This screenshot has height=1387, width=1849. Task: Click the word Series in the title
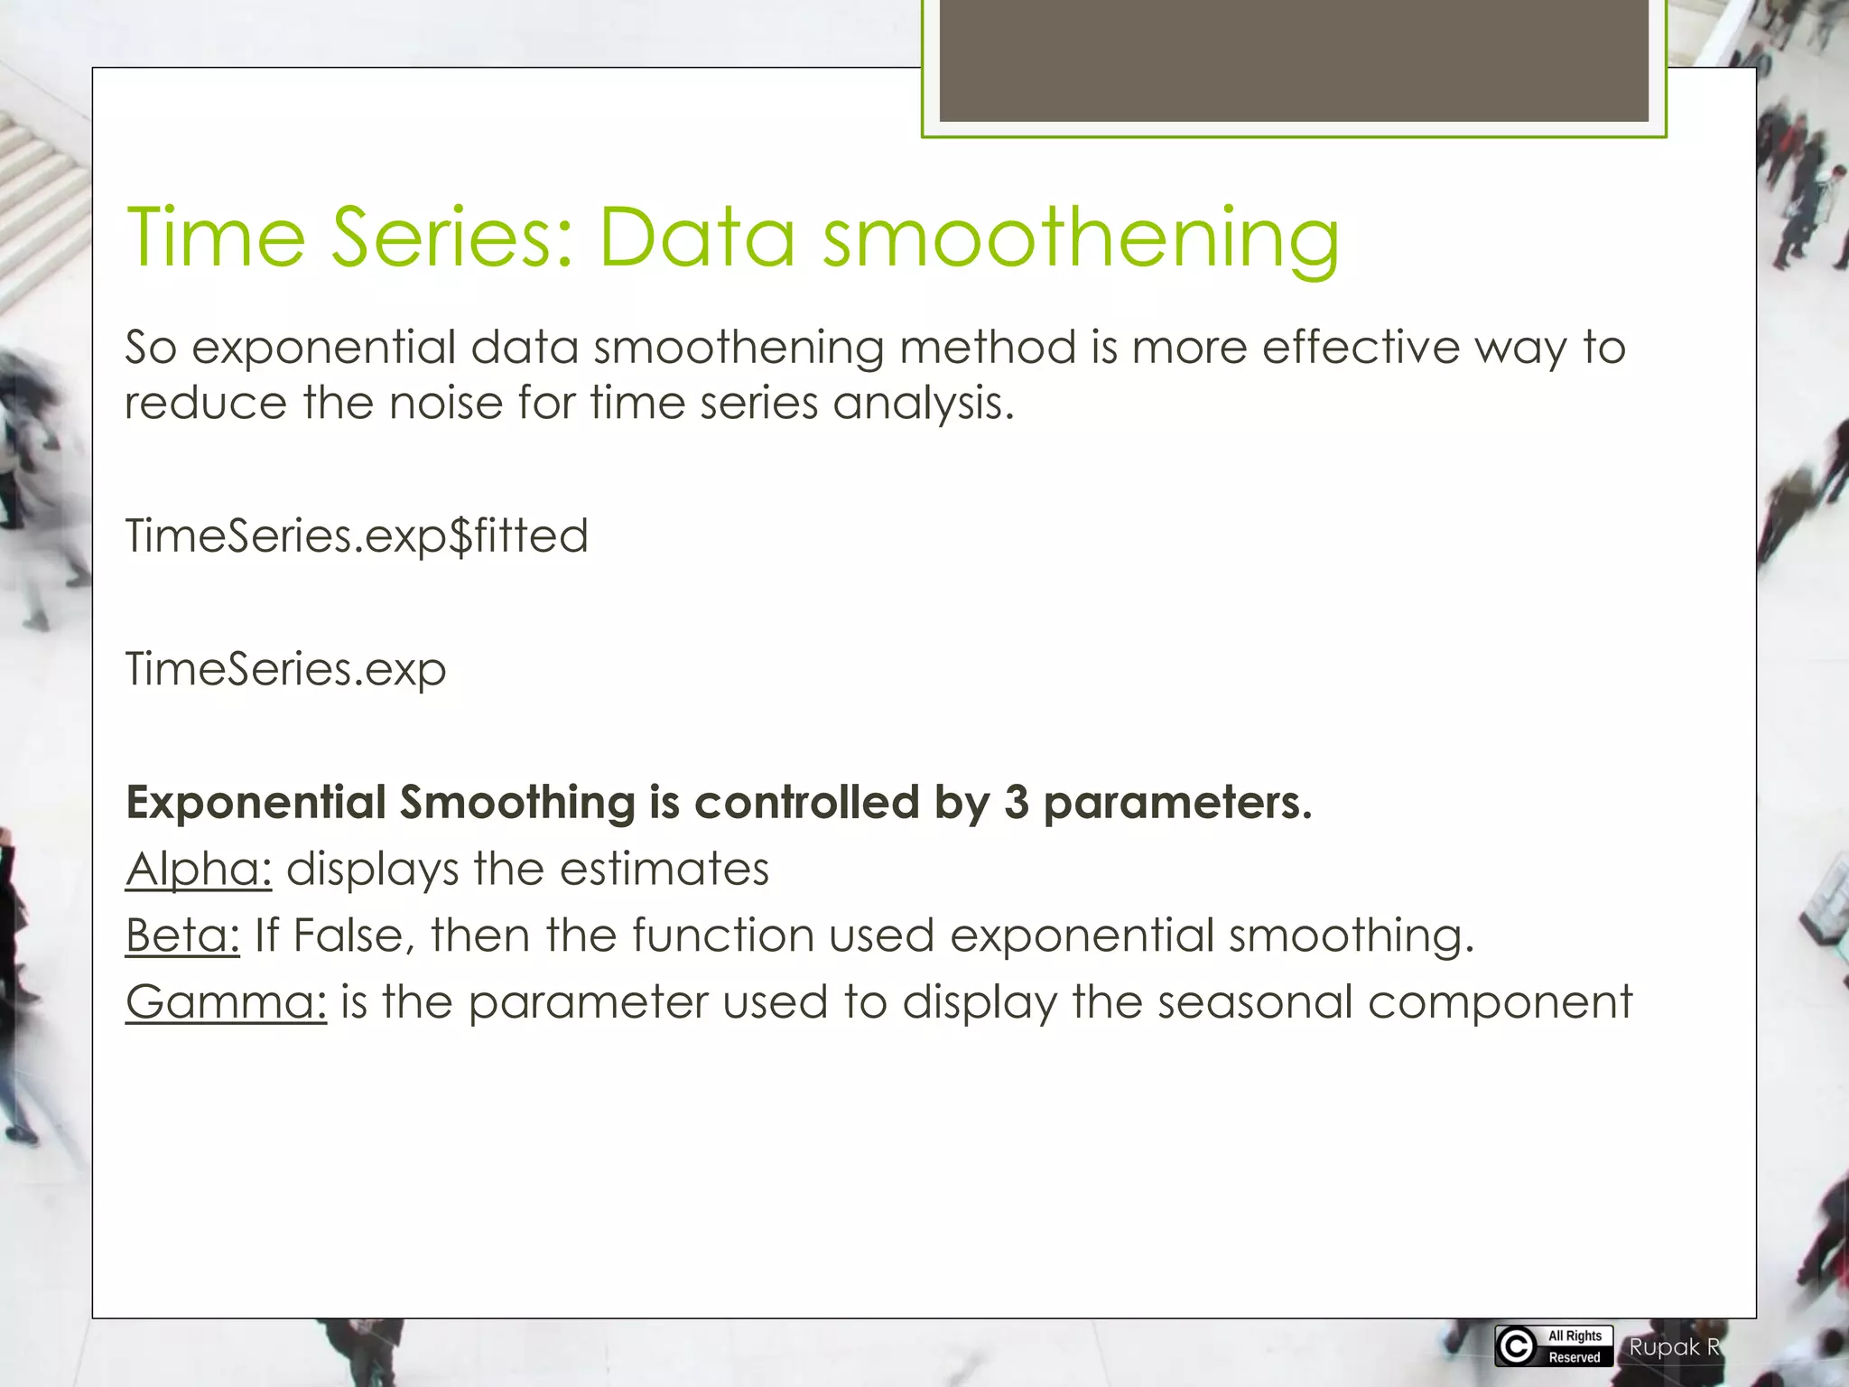click(452, 237)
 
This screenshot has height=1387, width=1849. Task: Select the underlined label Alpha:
click(199, 869)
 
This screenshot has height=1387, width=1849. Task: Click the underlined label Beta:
click(182, 935)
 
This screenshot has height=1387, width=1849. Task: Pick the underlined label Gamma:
click(226, 1001)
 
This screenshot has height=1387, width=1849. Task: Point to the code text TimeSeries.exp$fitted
click(357, 536)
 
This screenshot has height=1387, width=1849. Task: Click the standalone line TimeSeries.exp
click(285, 670)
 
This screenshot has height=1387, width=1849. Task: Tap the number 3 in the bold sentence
click(1016, 802)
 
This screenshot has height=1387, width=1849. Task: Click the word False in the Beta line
click(348, 935)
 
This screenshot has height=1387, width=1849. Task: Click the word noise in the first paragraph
click(445, 402)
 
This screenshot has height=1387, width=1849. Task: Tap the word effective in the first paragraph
click(1360, 348)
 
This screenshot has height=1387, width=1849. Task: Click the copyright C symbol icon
click(1516, 1346)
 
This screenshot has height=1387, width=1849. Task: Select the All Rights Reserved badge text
click(1575, 1346)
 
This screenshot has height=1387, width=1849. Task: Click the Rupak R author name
click(1674, 1347)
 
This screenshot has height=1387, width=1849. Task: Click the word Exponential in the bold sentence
click(256, 802)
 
